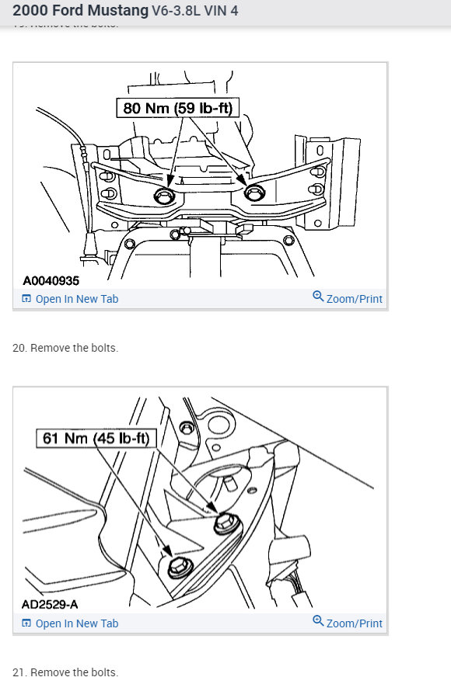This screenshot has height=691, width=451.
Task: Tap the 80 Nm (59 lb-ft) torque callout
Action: [x=177, y=108]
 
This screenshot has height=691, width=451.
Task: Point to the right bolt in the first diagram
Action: [x=253, y=192]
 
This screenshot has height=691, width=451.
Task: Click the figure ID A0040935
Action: [x=51, y=280]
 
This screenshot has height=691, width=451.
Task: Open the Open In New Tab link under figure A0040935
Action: [x=76, y=299]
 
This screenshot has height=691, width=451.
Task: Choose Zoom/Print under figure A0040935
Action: [x=354, y=299]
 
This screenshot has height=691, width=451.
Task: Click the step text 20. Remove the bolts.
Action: [x=65, y=348]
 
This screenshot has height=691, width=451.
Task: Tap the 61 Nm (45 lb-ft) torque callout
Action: [x=97, y=439]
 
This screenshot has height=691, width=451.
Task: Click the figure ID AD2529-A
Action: [x=50, y=604]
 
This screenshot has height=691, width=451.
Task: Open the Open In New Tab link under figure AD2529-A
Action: [x=76, y=623]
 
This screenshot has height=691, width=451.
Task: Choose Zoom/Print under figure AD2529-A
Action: [x=354, y=623]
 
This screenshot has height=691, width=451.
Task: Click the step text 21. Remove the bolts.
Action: [x=65, y=672]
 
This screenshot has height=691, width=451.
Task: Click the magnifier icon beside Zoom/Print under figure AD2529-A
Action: [x=318, y=622]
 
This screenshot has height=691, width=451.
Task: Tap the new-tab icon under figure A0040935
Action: [x=26, y=299]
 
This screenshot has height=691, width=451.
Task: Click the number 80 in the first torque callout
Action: [x=133, y=108]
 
